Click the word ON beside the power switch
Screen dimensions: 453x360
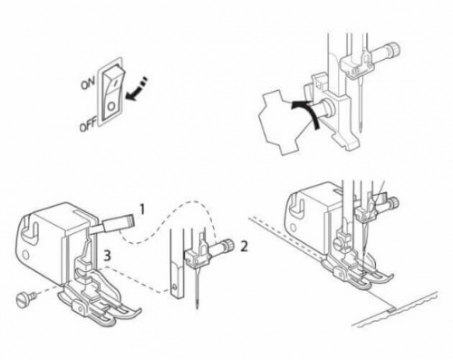click(88, 82)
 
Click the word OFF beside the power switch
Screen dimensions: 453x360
click(88, 125)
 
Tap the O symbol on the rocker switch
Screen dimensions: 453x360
click(111, 106)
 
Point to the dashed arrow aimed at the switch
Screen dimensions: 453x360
click(136, 88)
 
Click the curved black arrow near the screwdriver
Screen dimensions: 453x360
click(310, 113)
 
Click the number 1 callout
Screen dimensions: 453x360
click(141, 209)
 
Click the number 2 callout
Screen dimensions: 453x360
click(244, 247)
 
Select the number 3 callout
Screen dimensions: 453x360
click(106, 256)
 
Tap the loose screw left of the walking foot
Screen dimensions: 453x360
click(24, 298)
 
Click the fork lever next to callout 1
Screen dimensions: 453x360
click(111, 225)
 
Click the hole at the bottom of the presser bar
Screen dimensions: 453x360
click(174, 286)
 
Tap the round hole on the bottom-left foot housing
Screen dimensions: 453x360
click(25, 255)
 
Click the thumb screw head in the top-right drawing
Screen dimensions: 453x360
click(327, 107)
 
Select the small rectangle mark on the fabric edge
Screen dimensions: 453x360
click(391, 309)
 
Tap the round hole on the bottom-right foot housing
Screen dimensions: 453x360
click(293, 227)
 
